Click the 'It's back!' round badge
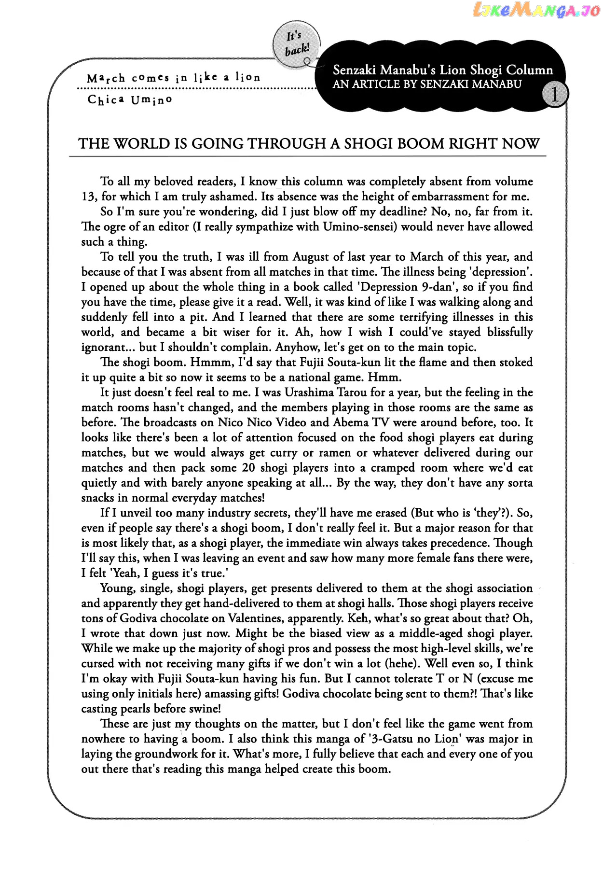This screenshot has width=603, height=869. point(296,44)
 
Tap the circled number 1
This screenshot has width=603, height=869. point(554,95)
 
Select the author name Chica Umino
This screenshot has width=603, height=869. point(130,100)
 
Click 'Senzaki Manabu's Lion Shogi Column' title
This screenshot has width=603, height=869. point(442,70)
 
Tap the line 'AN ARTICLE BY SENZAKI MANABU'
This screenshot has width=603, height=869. point(427,84)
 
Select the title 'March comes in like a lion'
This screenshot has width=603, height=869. point(174,78)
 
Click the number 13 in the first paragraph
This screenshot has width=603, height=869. point(89,196)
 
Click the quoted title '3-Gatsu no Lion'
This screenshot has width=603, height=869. point(413,739)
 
